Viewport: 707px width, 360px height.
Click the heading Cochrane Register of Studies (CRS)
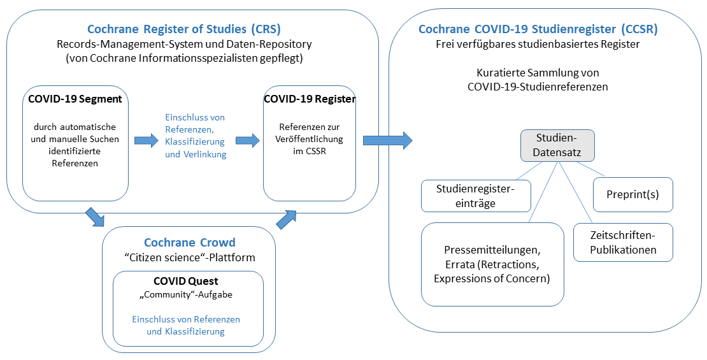click(x=183, y=29)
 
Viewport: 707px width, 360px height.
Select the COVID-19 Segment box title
click(x=75, y=99)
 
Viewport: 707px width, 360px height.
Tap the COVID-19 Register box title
click(x=310, y=99)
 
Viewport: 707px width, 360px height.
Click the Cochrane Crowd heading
click(x=189, y=242)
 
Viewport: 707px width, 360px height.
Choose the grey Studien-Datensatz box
click(x=557, y=145)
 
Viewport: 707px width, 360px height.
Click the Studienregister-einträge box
click(x=475, y=195)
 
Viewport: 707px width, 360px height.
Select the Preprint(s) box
click(x=632, y=195)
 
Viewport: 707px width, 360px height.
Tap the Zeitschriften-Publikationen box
click(x=623, y=242)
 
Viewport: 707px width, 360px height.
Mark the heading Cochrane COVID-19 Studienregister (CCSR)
click(x=538, y=29)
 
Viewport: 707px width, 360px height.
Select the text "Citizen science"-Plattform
click(x=189, y=257)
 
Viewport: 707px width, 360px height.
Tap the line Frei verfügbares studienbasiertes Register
click(x=538, y=44)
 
